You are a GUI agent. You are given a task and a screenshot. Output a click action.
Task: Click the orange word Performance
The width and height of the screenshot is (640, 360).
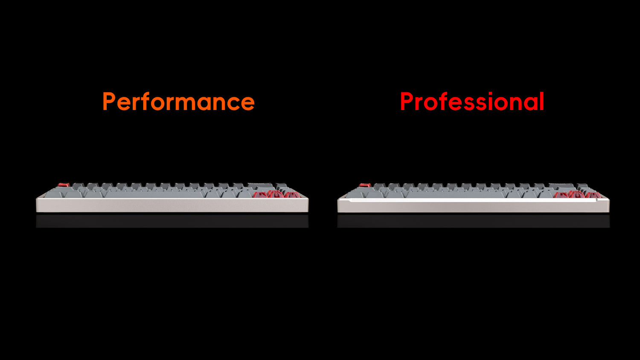click(x=179, y=101)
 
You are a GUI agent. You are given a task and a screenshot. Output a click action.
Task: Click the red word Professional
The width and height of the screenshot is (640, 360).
click(x=472, y=101)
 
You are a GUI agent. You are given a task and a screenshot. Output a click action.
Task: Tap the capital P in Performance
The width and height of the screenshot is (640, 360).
click(x=109, y=102)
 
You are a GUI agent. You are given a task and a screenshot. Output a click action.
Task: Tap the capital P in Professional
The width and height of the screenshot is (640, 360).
click(x=407, y=102)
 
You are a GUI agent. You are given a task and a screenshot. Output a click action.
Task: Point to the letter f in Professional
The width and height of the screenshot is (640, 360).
click(x=442, y=101)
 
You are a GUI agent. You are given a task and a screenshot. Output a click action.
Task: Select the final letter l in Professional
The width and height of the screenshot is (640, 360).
click(x=542, y=101)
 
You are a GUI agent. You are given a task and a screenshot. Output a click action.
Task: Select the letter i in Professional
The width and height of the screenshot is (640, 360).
click(x=491, y=101)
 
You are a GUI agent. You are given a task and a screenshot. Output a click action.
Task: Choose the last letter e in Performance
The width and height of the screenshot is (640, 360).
click(x=248, y=103)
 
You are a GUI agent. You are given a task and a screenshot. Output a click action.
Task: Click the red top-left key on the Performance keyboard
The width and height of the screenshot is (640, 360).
click(x=64, y=185)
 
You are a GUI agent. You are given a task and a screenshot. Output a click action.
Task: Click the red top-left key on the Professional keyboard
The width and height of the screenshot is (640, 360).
click(x=365, y=185)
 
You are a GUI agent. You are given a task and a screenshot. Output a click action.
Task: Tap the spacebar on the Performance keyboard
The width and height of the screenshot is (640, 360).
click(x=154, y=194)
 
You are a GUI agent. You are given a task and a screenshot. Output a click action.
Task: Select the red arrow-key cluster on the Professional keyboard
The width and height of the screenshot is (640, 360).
click(x=578, y=194)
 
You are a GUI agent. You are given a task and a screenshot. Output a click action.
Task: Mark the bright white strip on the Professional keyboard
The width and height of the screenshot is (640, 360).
click(x=473, y=200)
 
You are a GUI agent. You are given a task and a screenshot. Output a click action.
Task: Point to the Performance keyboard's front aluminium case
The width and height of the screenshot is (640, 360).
click(x=172, y=205)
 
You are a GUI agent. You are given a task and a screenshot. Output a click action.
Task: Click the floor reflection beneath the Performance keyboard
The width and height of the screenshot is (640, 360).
click(x=172, y=221)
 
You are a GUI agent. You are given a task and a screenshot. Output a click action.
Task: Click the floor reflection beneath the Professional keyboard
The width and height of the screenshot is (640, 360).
click(x=474, y=221)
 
